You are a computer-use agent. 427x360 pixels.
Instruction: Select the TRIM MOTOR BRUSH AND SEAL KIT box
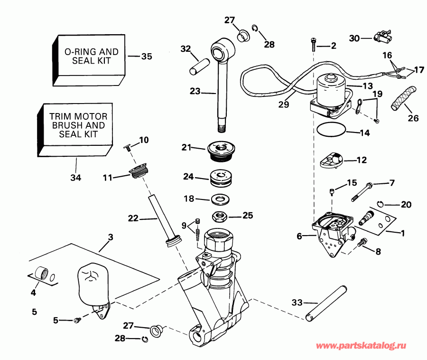(76, 125)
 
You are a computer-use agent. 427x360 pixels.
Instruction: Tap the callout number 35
(147, 57)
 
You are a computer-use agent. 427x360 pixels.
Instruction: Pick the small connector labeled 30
(381, 36)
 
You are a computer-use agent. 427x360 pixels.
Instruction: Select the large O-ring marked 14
(330, 129)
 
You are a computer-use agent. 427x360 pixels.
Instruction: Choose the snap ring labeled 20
(381, 204)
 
